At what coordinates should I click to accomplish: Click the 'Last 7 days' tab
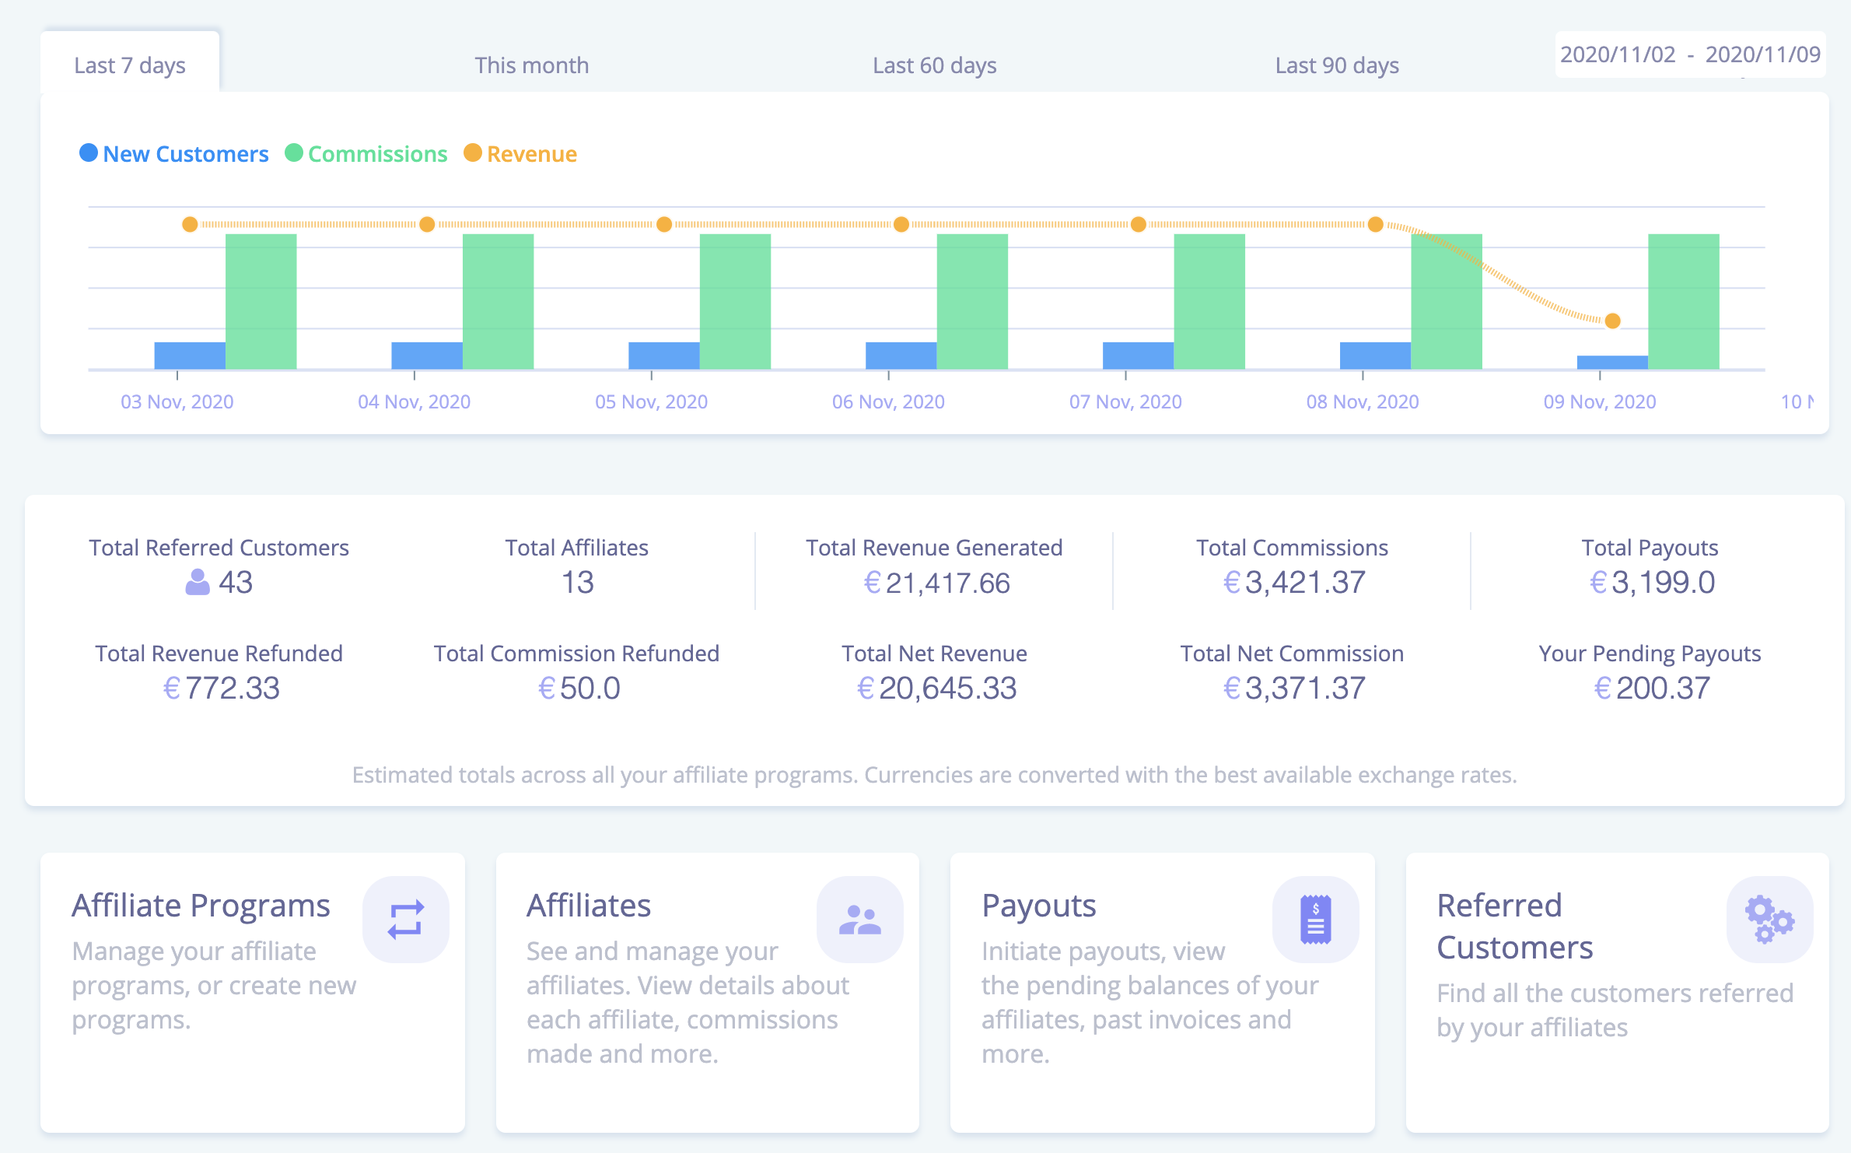coord(130,65)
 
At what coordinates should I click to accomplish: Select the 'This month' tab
coord(531,65)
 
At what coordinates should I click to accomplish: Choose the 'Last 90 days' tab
coord(1336,65)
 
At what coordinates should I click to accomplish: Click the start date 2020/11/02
coord(1618,54)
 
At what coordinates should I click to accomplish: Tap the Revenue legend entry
coord(531,154)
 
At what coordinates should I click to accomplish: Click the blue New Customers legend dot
coord(89,153)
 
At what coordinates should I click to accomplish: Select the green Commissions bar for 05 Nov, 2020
coord(735,302)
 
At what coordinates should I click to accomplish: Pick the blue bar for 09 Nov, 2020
coord(1611,363)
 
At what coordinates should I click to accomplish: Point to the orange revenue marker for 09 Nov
coord(1612,321)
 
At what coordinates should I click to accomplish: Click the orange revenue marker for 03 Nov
coord(190,225)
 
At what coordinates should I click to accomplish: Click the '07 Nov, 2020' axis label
coord(1125,402)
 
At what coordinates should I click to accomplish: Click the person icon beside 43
coord(198,582)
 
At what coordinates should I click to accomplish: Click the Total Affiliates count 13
coord(577,583)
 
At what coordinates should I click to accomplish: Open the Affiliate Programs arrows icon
coord(405,920)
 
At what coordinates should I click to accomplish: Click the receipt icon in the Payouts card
coord(1315,920)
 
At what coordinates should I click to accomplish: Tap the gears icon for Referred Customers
coord(1769,920)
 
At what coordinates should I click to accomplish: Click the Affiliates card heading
coord(589,906)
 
